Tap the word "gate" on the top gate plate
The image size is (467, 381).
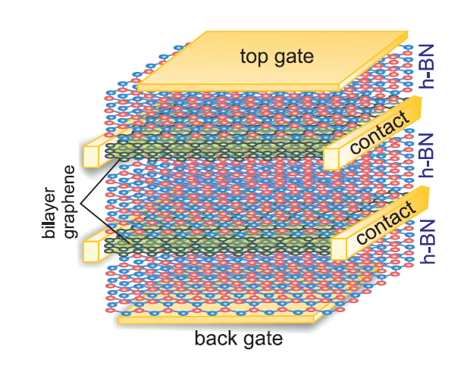pos(291,57)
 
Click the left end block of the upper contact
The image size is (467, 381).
pos(92,155)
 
